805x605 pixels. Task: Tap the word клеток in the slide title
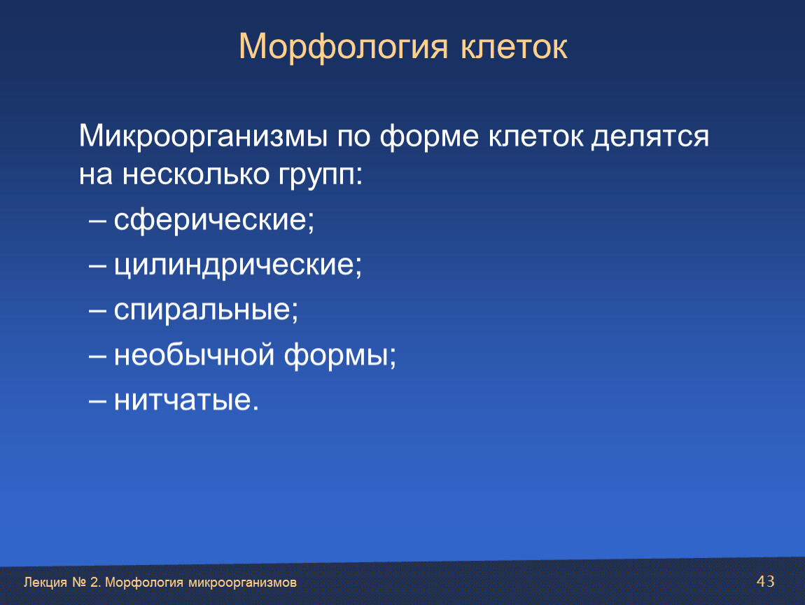coord(514,47)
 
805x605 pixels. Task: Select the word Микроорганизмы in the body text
coord(203,137)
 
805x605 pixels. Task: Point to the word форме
coord(429,137)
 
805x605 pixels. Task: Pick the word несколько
coord(195,175)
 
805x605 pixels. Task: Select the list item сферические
coord(213,221)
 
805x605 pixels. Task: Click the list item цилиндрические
coord(238,265)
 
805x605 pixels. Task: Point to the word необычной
coord(194,354)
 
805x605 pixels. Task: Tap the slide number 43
coord(766,581)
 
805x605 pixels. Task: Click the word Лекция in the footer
coord(45,583)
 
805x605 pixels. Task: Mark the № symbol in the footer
coord(79,583)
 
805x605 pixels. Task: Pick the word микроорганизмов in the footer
coord(242,583)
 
